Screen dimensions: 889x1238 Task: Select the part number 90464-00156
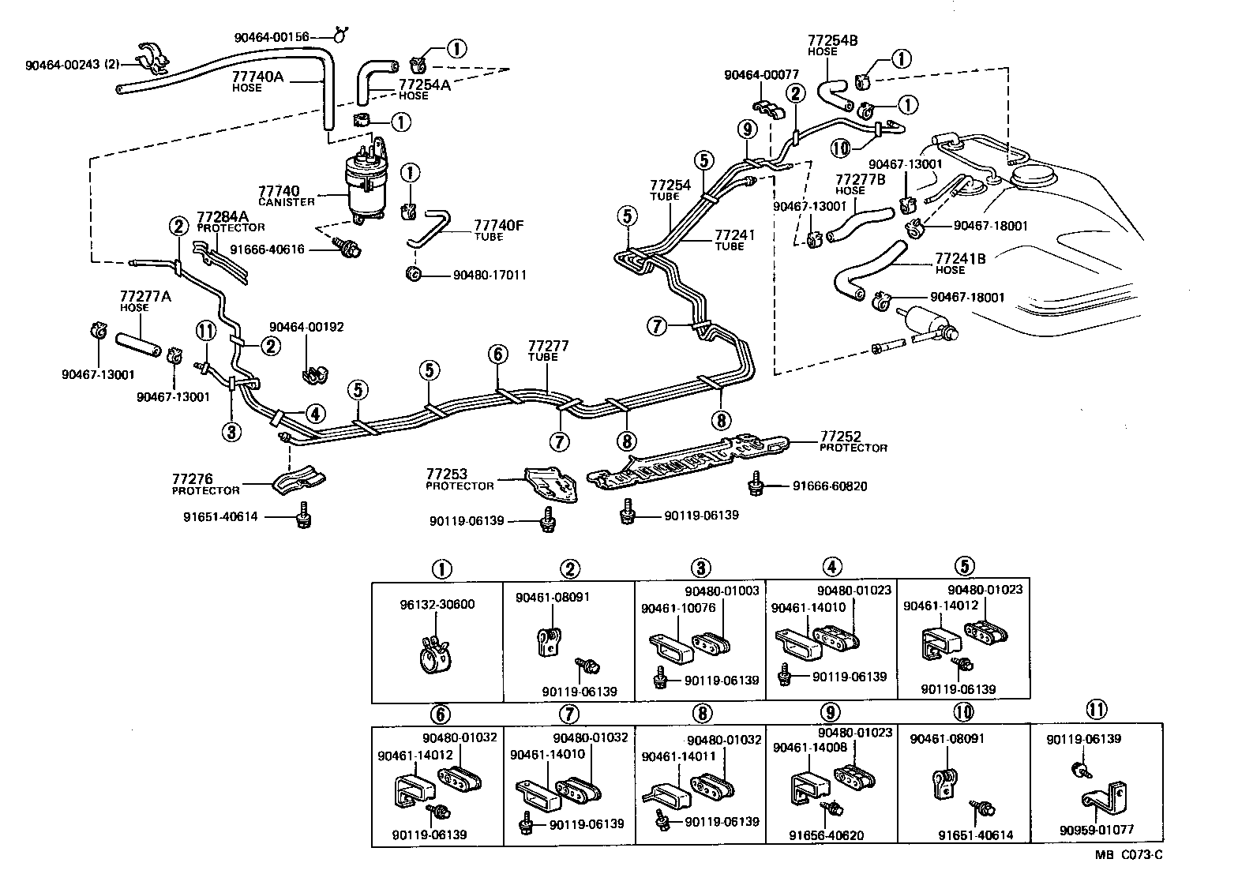coord(271,37)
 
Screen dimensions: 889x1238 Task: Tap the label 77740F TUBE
coord(498,230)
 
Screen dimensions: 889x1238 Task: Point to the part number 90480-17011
coord(490,275)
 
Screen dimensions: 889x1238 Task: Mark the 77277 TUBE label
coord(548,351)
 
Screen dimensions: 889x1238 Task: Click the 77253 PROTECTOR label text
coord(460,479)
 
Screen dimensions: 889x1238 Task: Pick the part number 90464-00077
coord(761,75)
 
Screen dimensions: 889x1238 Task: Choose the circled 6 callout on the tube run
coord(497,354)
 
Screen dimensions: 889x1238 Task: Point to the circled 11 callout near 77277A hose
coord(206,331)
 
